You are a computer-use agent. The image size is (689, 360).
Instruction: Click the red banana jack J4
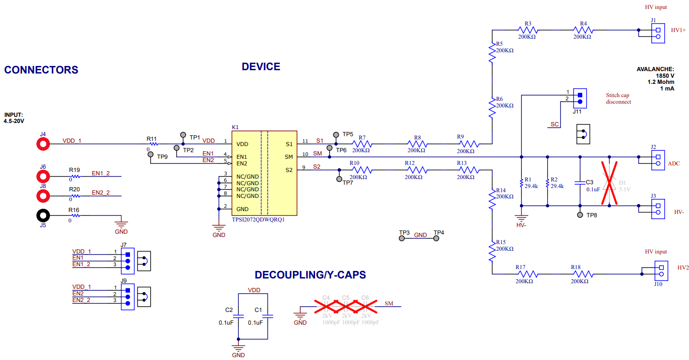tap(43, 144)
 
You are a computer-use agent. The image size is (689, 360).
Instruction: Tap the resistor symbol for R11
tap(152, 144)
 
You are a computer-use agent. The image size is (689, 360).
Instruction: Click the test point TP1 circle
tap(183, 135)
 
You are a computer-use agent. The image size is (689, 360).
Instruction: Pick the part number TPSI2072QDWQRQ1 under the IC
tap(258, 220)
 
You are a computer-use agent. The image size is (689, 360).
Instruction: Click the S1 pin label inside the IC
tap(289, 144)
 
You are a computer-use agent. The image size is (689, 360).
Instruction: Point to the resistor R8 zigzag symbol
tap(417, 144)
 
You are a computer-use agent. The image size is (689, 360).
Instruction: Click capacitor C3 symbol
tap(580, 181)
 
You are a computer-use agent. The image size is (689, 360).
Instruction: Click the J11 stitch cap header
tap(580, 97)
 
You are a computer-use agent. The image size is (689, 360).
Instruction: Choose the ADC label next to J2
tap(674, 164)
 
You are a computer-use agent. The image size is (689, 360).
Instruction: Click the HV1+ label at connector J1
tap(679, 30)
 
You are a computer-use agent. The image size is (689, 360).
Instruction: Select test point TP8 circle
tap(580, 215)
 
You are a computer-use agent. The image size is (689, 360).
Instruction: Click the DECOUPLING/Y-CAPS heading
tap(310, 275)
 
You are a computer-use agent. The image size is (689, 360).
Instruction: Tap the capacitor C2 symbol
tap(239, 317)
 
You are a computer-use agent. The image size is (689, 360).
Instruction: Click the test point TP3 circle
tap(402, 238)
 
